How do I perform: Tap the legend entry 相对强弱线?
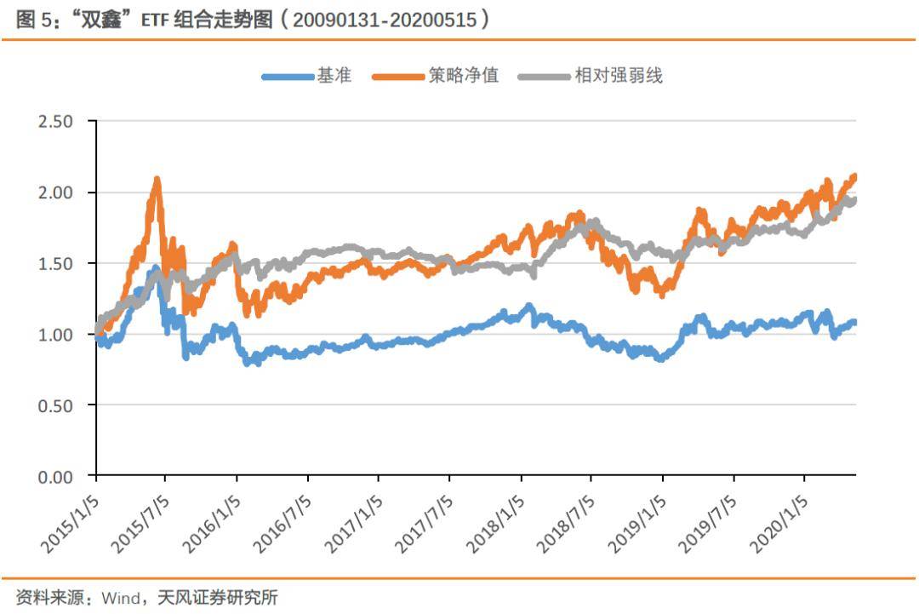click(618, 76)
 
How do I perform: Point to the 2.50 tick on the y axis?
click(55, 122)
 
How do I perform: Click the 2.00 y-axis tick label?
click(55, 192)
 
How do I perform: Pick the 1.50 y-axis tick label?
click(55, 263)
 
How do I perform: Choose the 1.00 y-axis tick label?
click(55, 335)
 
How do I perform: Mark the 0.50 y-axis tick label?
click(55, 405)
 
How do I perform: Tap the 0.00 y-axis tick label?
click(55, 476)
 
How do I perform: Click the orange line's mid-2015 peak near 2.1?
click(157, 180)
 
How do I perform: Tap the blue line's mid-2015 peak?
click(155, 269)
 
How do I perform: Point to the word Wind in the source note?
click(122, 598)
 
